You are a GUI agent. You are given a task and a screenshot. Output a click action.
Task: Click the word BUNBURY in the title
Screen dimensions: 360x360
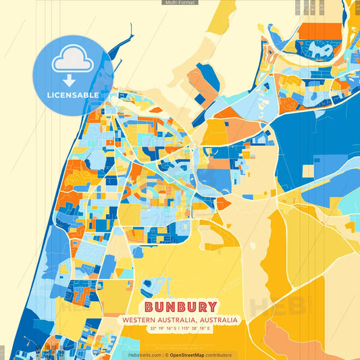[180, 307]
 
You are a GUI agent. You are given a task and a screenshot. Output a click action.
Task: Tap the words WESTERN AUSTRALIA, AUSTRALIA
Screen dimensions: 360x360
[180, 319]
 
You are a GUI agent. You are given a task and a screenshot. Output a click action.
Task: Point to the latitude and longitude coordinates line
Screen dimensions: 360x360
[180, 328]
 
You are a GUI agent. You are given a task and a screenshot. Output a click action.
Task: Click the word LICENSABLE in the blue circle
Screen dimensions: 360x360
[72, 95]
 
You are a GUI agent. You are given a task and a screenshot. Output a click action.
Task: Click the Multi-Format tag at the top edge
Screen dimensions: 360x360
[180, 3]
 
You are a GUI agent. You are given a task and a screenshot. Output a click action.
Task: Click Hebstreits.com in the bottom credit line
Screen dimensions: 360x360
[145, 355]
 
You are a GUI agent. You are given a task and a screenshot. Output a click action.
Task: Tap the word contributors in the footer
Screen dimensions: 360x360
[219, 355]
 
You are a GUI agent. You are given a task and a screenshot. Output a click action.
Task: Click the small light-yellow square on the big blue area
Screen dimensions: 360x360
[307, 172]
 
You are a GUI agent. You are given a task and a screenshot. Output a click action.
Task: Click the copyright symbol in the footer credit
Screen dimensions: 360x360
[165, 355]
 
